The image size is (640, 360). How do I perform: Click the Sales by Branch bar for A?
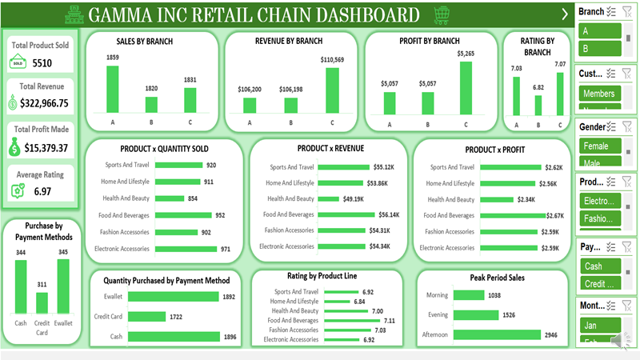click(113, 89)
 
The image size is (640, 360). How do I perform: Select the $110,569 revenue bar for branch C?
click(330, 90)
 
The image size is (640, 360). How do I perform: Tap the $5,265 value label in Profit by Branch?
click(466, 54)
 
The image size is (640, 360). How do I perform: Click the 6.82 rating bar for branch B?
click(537, 104)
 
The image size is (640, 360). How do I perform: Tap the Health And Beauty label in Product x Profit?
click(452, 199)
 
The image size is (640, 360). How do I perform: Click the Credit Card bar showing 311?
click(42, 302)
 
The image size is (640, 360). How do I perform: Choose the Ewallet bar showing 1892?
click(173, 296)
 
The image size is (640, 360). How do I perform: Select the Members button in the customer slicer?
click(598, 94)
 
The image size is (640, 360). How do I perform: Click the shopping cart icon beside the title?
click(441, 14)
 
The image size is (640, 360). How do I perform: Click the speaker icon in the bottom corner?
click(620, 342)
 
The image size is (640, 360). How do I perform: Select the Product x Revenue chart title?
click(330, 148)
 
